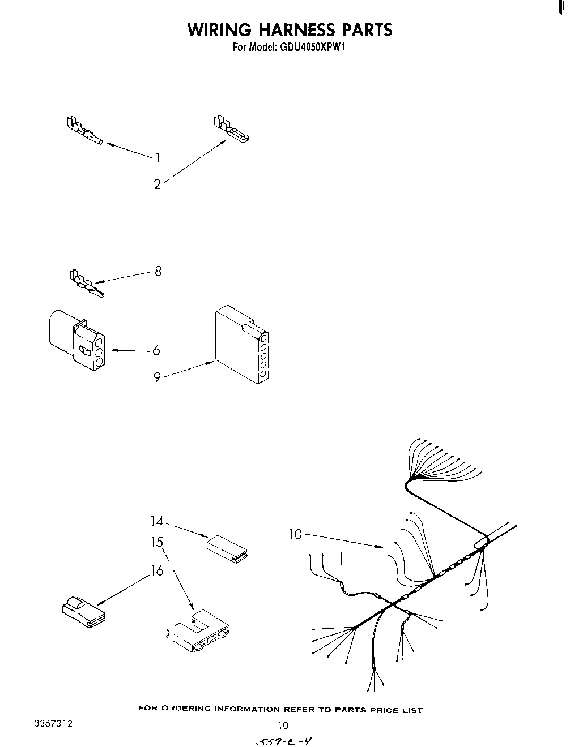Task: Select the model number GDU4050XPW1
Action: point(312,48)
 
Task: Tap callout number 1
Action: point(158,157)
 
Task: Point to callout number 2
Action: point(157,184)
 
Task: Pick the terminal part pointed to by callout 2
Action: point(232,130)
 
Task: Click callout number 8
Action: point(158,271)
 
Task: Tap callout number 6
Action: point(156,351)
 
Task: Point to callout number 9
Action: point(158,377)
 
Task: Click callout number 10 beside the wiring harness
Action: point(296,534)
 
